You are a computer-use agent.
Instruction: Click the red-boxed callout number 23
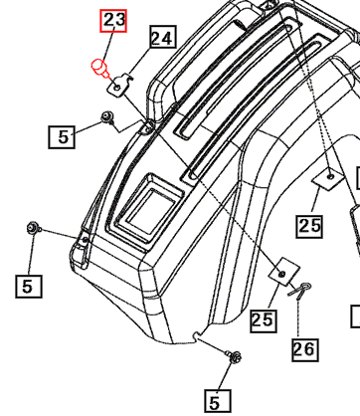point(114,20)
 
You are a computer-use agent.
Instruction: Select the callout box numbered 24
point(161,39)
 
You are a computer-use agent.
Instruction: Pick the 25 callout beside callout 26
point(263,319)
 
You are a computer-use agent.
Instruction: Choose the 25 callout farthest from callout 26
point(310,226)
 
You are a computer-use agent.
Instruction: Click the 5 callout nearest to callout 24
point(64,135)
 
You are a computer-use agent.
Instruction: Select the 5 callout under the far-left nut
point(28,286)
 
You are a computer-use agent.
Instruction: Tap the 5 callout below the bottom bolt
point(214,401)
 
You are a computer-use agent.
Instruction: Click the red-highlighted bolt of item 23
point(99,68)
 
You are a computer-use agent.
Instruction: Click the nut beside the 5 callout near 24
point(105,120)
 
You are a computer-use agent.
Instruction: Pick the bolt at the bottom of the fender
point(234,356)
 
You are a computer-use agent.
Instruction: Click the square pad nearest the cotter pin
point(282,272)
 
